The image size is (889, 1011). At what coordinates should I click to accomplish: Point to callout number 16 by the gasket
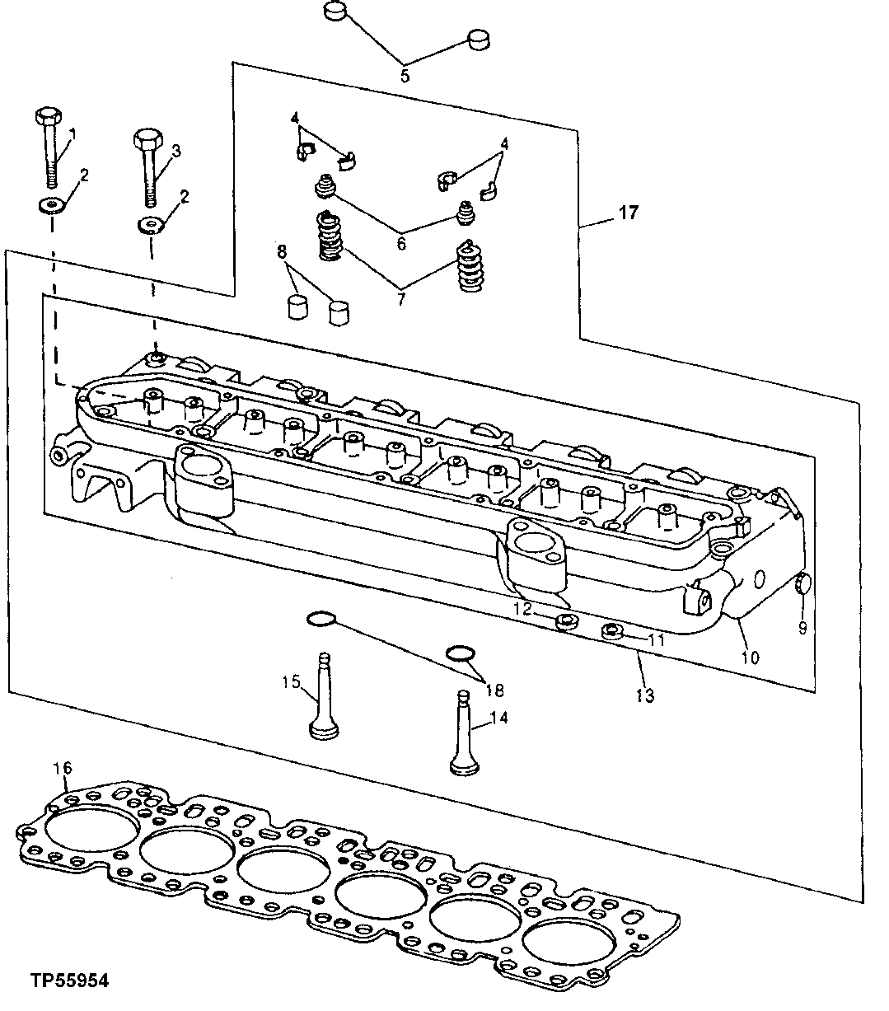click(63, 768)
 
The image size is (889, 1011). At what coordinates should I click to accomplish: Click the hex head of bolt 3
click(146, 138)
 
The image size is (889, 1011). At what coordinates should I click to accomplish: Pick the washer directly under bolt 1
click(51, 204)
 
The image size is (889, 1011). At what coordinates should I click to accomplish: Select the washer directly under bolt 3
click(149, 225)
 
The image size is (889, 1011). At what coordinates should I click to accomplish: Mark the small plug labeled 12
click(564, 621)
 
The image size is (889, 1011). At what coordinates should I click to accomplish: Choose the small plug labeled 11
click(611, 632)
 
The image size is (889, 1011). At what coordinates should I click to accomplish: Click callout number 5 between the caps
click(405, 76)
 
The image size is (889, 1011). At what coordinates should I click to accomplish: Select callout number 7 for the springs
click(401, 299)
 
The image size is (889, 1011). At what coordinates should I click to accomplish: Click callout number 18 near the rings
click(495, 690)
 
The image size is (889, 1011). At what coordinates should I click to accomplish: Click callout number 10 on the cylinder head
click(750, 658)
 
